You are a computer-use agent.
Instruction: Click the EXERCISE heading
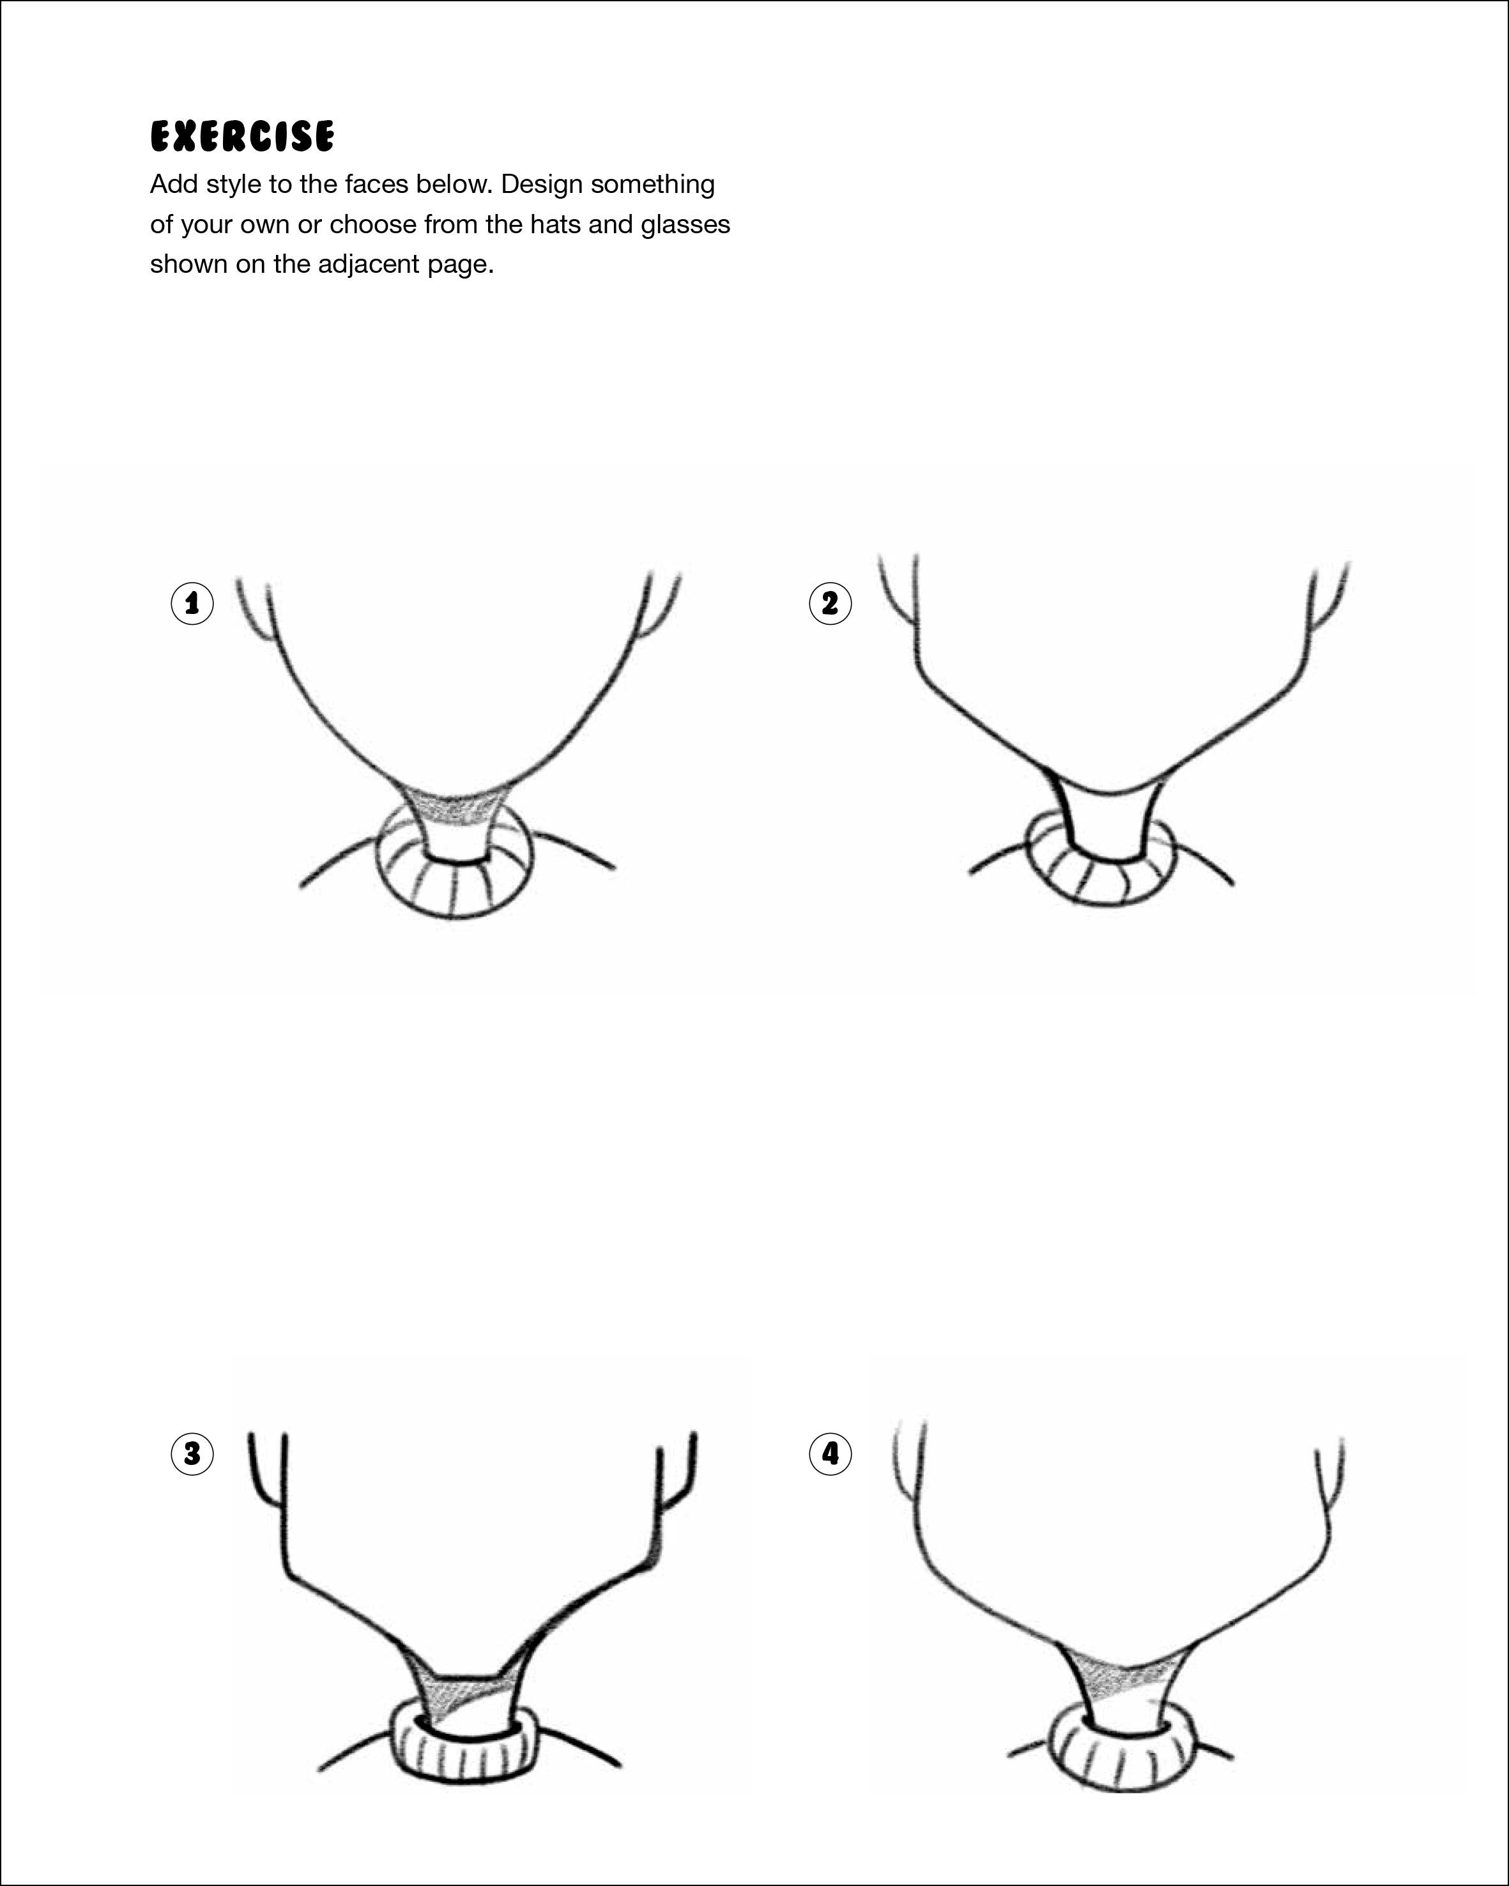(241, 137)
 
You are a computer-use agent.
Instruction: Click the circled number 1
(192, 602)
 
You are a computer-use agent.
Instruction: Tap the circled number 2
(829, 602)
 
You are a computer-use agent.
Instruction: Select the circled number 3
(192, 1454)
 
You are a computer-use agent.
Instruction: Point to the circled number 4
(829, 1454)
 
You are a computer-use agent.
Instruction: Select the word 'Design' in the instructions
(542, 185)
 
